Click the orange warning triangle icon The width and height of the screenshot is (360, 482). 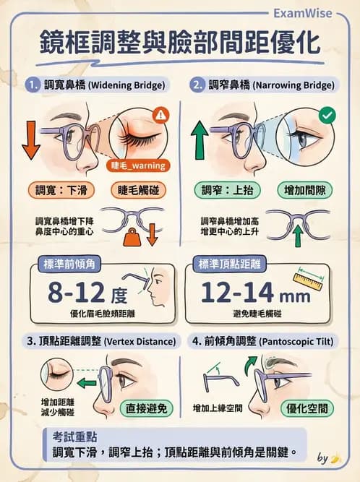[160, 113]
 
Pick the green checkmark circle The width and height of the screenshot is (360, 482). [327, 114]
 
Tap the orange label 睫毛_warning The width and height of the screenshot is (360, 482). [140, 165]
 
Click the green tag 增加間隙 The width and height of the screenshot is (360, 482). [305, 191]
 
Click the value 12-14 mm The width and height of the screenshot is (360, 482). [247, 293]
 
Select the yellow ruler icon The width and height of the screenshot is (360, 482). [310, 279]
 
